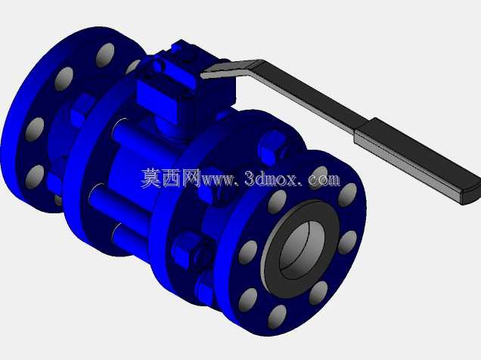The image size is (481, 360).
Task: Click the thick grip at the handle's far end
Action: tap(417, 160)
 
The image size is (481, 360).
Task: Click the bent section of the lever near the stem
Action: tap(233, 69)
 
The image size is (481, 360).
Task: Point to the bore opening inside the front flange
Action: tap(302, 250)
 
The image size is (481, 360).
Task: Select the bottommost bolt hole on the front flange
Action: tap(277, 317)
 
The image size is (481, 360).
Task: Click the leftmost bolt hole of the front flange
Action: tap(248, 253)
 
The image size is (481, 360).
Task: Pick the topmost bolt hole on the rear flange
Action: tap(105, 55)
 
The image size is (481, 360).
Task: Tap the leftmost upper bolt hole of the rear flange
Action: tap(64, 79)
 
